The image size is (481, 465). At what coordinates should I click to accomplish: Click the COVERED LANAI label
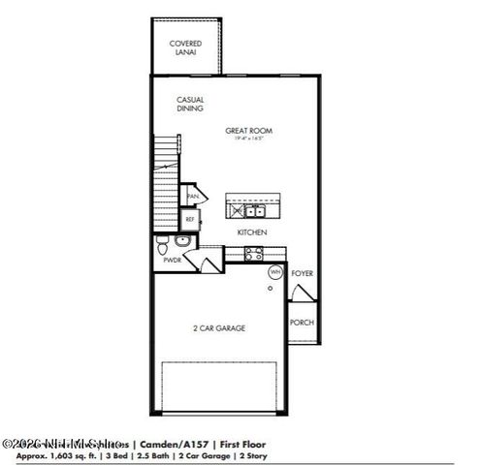pyautogui.click(x=185, y=47)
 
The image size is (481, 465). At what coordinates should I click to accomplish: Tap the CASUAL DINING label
pyautogui.click(x=189, y=104)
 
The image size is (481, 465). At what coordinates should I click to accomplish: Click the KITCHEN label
pyautogui.click(x=252, y=232)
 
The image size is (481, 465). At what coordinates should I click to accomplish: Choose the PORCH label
pyautogui.click(x=302, y=322)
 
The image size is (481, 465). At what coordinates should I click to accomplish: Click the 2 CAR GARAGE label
pyautogui.click(x=218, y=327)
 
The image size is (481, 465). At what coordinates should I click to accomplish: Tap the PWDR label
pyautogui.click(x=172, y=260)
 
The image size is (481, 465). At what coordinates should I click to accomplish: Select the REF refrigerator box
pyautogui.click(x=191, y=219)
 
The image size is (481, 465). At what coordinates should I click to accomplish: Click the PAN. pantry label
pyautogui.click(x=192, y=196)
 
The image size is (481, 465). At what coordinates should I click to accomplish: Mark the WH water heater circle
pyautogui.click(x=274, y=272)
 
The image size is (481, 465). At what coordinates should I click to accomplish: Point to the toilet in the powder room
pyautogui.click(x=164, y=242)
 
